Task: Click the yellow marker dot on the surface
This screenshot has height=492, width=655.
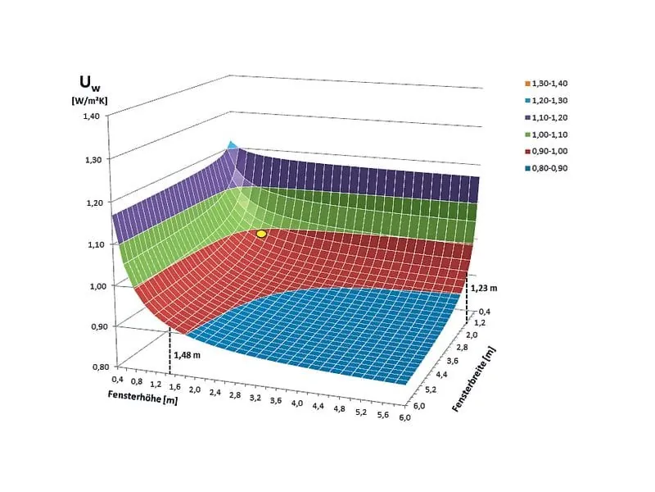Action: click(x=261, y=234)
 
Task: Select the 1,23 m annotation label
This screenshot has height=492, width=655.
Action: click(x=483, y=287)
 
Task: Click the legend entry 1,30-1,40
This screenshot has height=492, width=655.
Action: click(x=545, y=84)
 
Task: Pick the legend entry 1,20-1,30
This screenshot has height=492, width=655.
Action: click(x=545, y=101)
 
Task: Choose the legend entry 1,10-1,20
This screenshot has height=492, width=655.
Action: click(x=545, y=117)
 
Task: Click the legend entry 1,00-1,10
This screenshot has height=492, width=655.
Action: click(x=545, y=134)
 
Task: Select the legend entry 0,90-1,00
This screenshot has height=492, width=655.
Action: click(x=545, y=151)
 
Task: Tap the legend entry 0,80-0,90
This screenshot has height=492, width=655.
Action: click(x=545, y=168)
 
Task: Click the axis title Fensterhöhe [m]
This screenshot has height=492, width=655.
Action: click(x=143, y=397)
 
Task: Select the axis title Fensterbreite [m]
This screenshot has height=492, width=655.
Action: click(x=474, y=378)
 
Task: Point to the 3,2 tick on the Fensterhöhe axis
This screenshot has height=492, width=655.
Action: click(x=255, y=396)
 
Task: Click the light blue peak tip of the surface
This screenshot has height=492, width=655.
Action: click(x=232, y=145)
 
